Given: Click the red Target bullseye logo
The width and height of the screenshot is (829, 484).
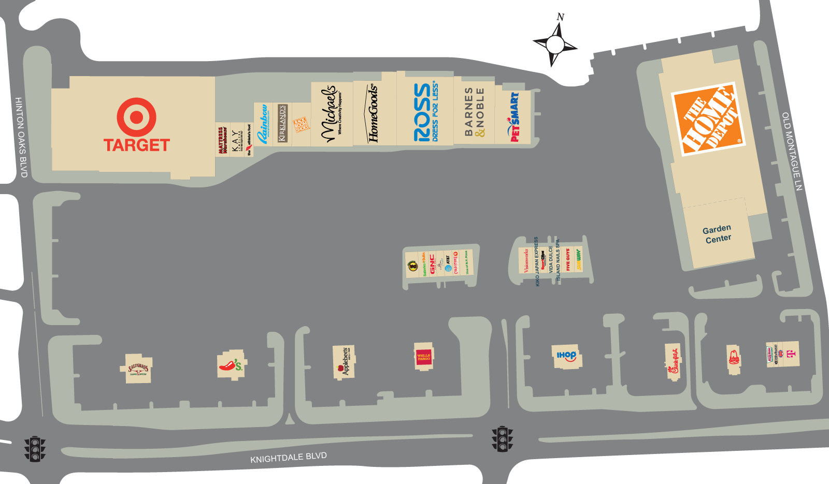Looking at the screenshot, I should [x=136, y=117].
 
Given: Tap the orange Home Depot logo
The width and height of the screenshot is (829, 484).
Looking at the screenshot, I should [x=708, y=120].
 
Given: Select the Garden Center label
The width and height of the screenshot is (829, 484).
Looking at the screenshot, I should [x=718, y=234].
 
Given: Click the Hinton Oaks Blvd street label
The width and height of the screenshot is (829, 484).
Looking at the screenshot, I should [x=21, y=137].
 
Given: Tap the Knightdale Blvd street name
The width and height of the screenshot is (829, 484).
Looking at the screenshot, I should [x=289, y=458].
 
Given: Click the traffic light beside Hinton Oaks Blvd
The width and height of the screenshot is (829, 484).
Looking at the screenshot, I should [x=35, y=448].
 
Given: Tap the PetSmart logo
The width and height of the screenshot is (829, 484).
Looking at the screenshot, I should [x=513, y=117].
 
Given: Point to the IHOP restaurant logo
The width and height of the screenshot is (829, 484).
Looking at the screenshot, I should [x=566, y=356].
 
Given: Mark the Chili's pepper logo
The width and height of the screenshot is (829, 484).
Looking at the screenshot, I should [x=231, y=365].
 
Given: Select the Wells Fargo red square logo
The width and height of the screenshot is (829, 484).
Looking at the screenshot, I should [x=423, y=356].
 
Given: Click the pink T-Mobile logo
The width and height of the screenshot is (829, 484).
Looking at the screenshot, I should [x=791, y=355].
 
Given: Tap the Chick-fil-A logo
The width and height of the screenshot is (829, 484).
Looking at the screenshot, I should [x=673, y=361].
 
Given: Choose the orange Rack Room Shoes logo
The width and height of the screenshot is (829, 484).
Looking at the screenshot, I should [x=301, y=124].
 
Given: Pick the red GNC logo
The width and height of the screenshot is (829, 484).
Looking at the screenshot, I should [x=432, y=263].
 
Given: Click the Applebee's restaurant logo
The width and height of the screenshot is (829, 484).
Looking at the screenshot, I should [x=343, y=361].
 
